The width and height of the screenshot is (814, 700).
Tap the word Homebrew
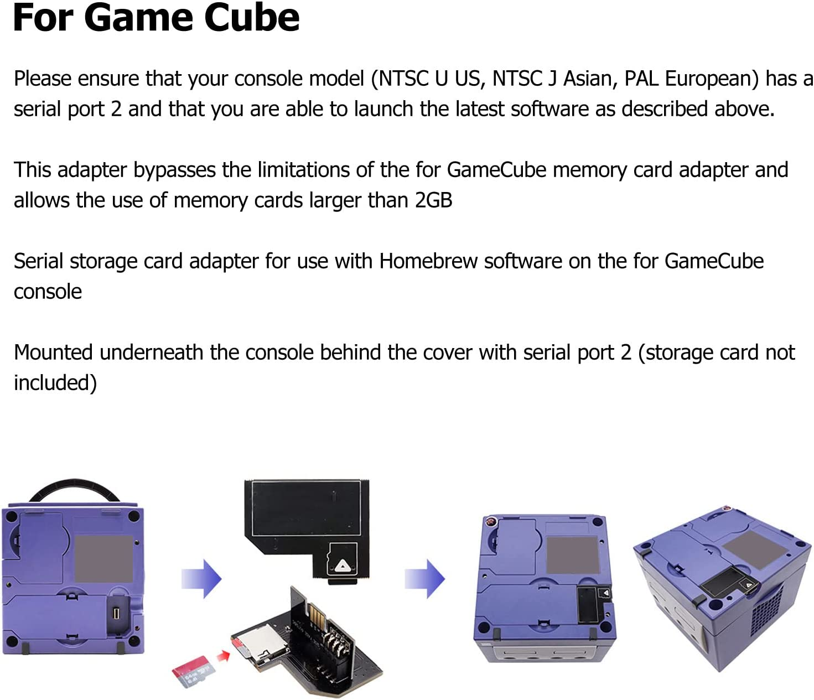428,261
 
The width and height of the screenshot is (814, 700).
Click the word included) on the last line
55,383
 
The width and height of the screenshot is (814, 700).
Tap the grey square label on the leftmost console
103,558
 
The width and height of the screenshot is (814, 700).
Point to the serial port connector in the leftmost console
117,613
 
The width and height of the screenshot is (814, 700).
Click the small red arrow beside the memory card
223,656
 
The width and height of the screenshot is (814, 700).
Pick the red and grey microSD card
193,671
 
